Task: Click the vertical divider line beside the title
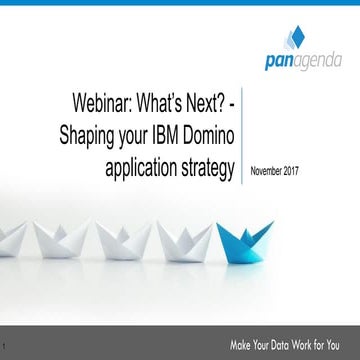pos(244,140)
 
